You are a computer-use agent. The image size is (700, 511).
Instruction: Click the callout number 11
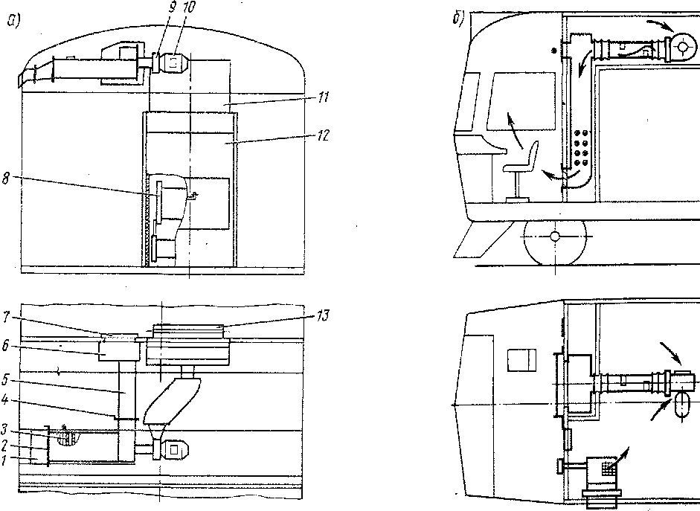(323, 97)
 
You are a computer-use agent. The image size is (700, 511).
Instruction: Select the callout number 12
(323, 135)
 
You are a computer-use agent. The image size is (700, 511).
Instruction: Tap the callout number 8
(6, 179)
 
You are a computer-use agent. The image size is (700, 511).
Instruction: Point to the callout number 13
(323, 315)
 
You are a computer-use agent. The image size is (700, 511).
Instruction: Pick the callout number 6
(5, 345)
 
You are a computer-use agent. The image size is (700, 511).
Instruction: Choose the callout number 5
(5, 380)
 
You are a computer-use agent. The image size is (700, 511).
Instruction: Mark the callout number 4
(5, 399)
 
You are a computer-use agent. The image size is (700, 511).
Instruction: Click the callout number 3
(4, 429)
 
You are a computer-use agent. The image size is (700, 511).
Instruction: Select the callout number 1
(4, 460)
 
